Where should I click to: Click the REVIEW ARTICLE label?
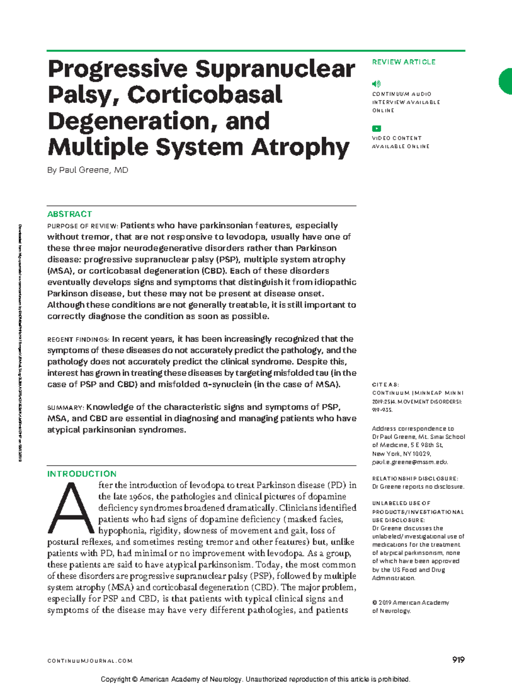click(x=403, y=62)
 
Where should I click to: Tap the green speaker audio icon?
click(x=376, y=84)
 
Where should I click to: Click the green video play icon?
click(x=376, y=128)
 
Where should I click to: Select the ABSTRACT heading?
click(x=70, y=214)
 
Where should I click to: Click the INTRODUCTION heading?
click(x=81, y=474)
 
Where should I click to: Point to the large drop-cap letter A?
click(x=70, y=508)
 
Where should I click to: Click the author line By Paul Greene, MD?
click(x=87, y=170)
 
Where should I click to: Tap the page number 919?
click(x=458, y=660)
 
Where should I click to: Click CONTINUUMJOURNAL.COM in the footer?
click(x=90, y=661)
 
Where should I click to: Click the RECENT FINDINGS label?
click(x=78, y=340)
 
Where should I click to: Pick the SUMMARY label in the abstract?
click(x=65, y=408)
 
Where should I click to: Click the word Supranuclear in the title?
click(x=275, y=69)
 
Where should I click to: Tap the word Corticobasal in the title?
click(x=205, y=95)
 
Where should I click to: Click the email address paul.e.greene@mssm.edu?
click(x=410, y=462)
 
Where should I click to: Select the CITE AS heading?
click(x=385, y=384)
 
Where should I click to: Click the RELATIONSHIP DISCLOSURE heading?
click(x=415, y=478)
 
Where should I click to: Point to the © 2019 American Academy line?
click(x=410, y=602)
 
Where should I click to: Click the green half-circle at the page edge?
click(x=506, y=81)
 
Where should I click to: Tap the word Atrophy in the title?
click(x=300, y=147)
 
